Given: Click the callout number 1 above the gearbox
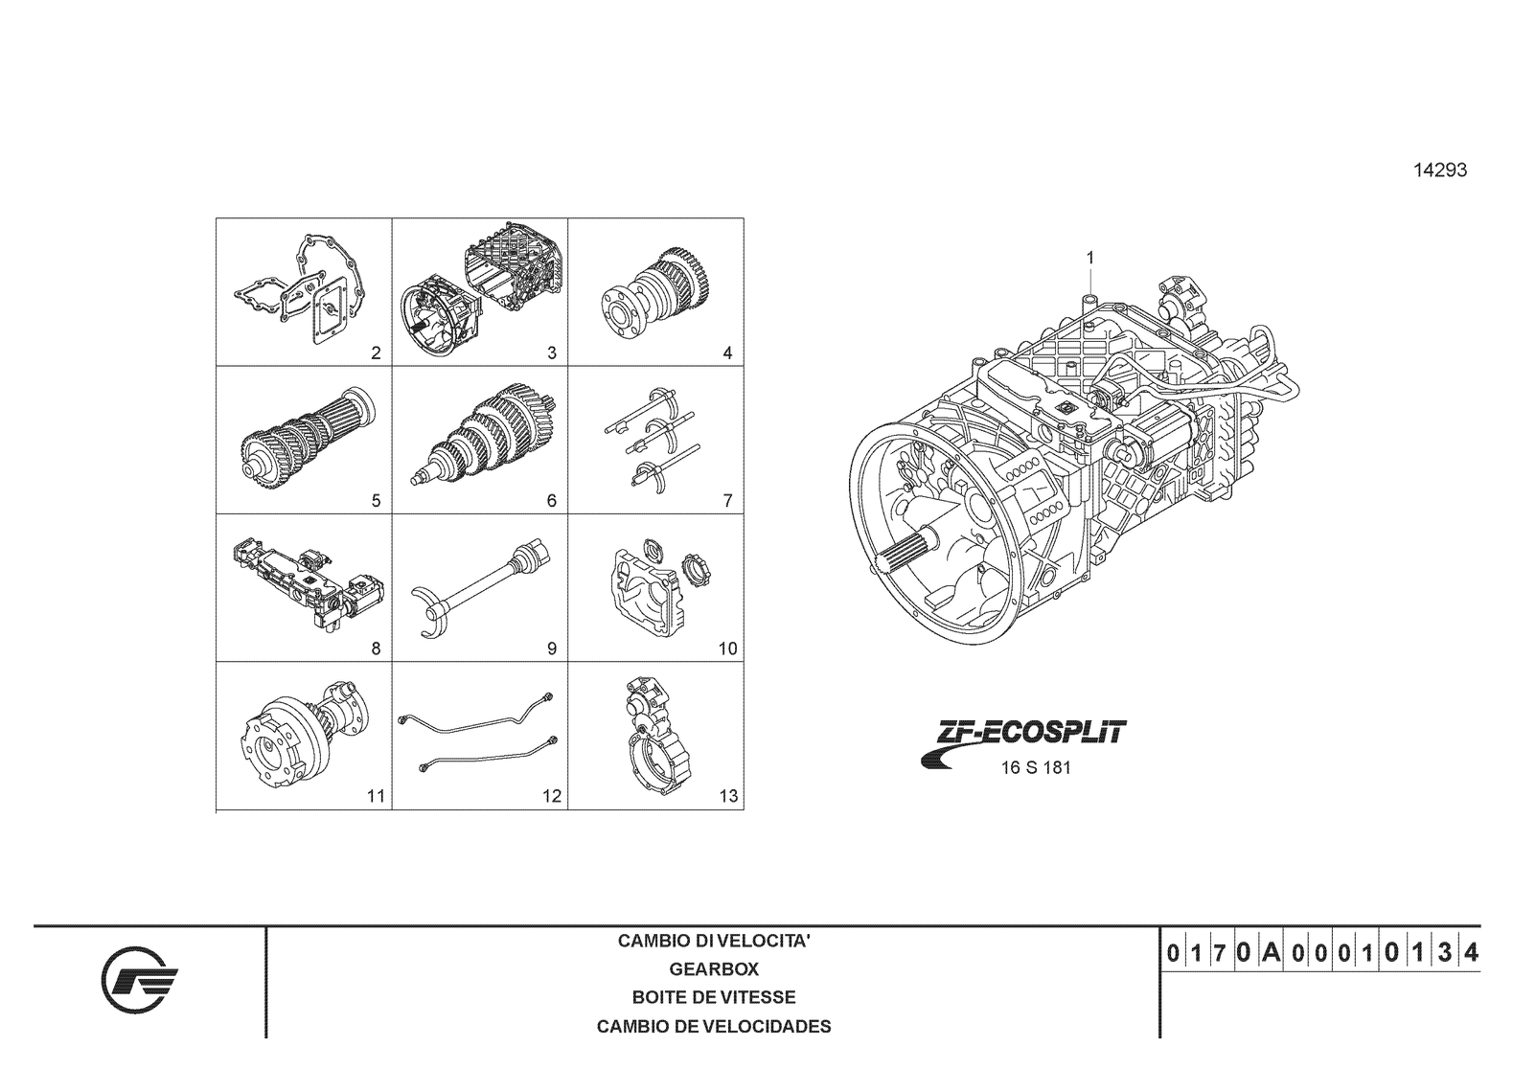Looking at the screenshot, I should tap(1089, 258).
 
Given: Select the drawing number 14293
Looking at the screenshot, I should tap(1439, 171).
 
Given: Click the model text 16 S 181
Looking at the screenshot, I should tap(1035, 768).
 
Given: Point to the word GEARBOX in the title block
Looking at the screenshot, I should tap(714, 969).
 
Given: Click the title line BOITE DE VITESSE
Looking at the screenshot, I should tap(714, 998).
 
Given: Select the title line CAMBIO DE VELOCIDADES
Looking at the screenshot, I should tap(714, 1027).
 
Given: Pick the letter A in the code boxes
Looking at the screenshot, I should tap(1271, 953).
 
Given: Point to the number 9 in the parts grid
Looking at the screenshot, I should tap(552, 648).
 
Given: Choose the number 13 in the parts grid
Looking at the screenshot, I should tap(728, 796).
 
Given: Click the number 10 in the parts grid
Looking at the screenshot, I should tap(728, 648).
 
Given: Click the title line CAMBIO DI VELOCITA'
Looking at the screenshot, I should tap(714, 941).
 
